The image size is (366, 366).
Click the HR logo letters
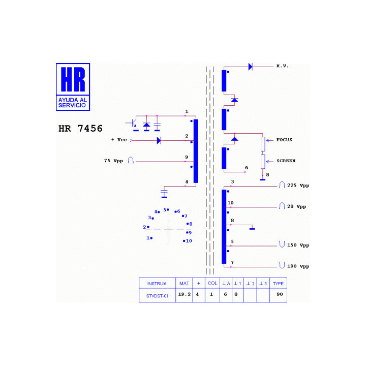[73, 79]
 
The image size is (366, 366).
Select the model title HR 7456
[80, 129]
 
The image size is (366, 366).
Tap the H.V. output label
[283, 66]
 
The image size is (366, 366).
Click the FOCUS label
[284, 140]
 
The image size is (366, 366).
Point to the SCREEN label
[286, 161]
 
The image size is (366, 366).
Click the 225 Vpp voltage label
[298, 186]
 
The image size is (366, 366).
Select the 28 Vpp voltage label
[296, 206]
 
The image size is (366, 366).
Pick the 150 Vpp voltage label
[298, 245]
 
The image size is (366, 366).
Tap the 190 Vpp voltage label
[298, 266]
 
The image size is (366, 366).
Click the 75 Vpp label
[113, 161]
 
